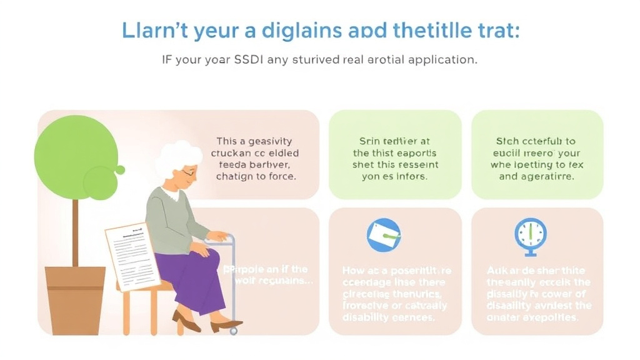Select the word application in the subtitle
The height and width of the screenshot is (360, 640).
tap(440, 61)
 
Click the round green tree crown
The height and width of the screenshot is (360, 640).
tap(75, 157)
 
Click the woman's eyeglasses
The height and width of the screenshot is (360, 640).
tap(187, 172)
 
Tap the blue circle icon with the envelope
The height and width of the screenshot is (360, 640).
tap(384, 235)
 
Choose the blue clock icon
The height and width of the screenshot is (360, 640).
tap(530, 235)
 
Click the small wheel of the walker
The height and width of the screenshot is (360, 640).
tap(233, 331)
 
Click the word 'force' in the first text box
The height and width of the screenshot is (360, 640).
tap(281, 176)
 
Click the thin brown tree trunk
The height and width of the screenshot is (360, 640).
tap(75, 231)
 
